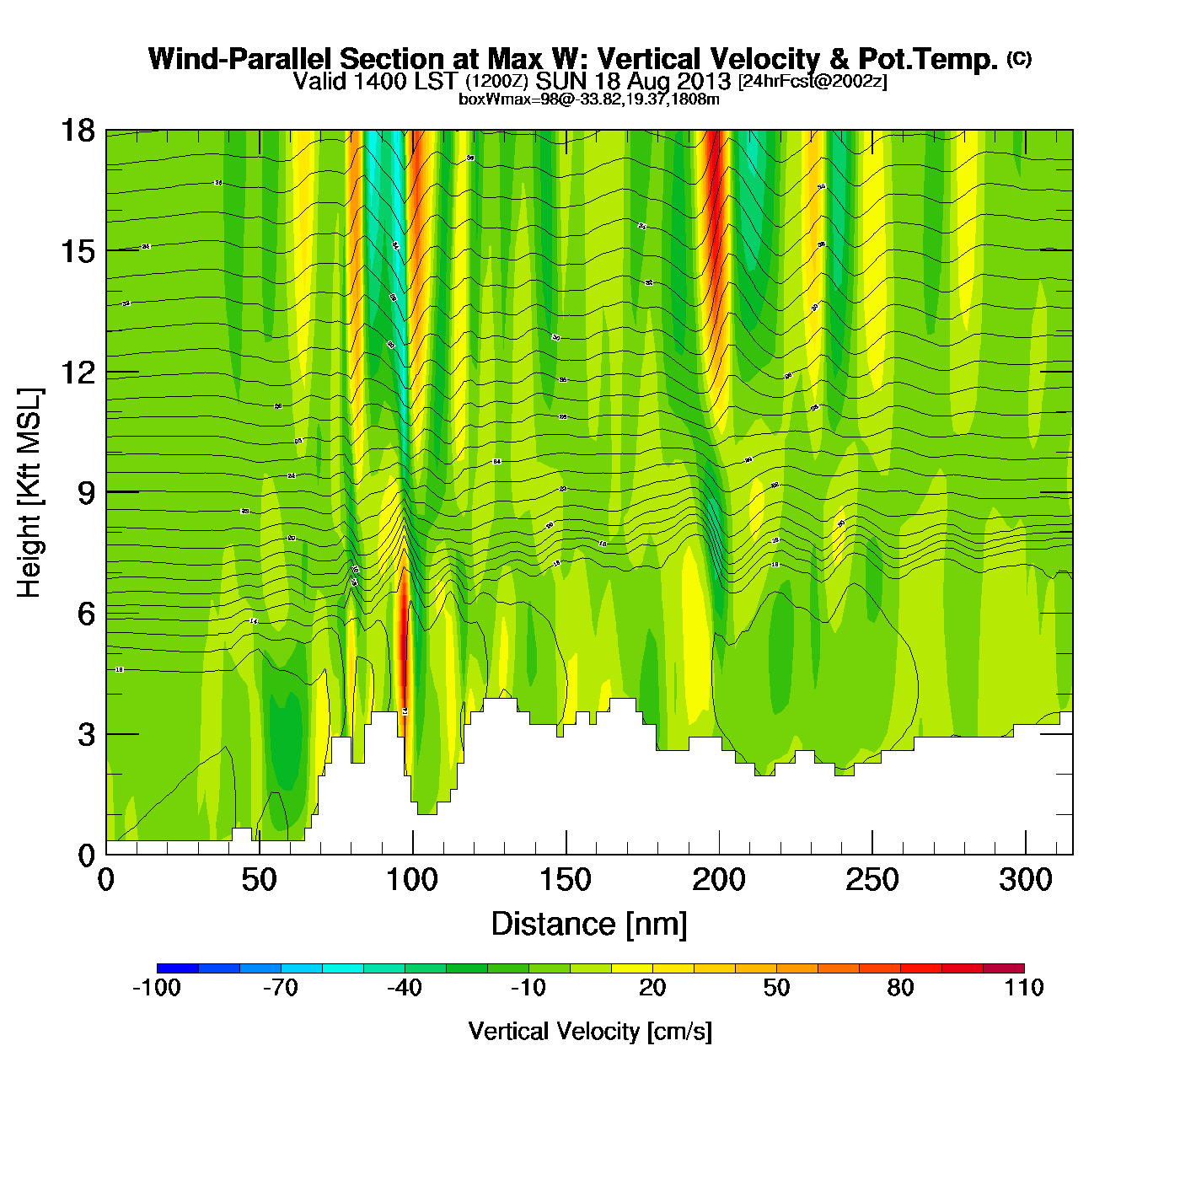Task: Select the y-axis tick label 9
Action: tap(86, 493)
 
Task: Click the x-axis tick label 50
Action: tap(259, 880)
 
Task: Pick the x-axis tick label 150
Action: tap(566, 880)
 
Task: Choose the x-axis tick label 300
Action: tap(1025, 880)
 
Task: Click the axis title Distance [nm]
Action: tap(589, 925)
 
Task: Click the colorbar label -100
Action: tap(157, 988)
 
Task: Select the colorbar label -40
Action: tap(405, 988)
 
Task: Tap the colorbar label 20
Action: tap(652, 988)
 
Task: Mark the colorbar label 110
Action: tap(1024, 988)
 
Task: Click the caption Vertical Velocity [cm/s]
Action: tap(590, 1031)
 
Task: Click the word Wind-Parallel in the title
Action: tap(243, 59)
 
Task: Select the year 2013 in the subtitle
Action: tap(703, 82)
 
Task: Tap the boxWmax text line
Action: tap(589, 99)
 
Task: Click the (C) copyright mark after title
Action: tap(1019, 58)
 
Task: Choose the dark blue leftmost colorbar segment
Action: tap(177, 968)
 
